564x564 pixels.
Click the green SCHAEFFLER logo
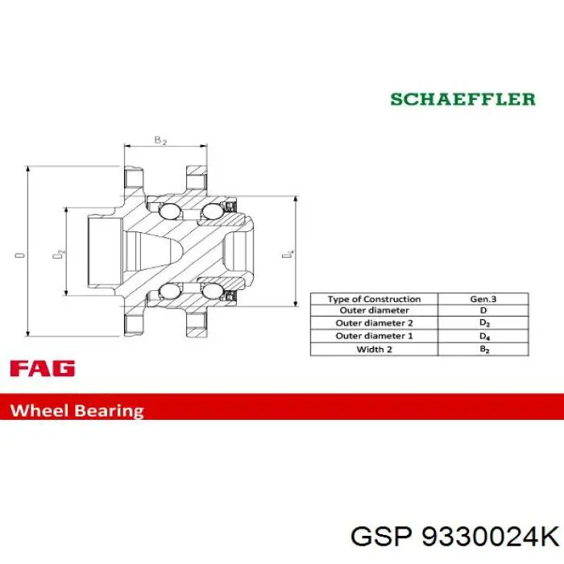pos(462,99)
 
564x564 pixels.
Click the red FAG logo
pos(43,368)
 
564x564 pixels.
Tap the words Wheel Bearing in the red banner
pos(77,410)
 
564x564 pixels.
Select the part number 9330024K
pos(490,537)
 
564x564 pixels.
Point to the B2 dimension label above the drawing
pos(160,140)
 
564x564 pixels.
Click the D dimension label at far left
pos(20,255)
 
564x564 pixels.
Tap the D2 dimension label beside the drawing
pos(59,254)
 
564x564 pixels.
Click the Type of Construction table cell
pos(374,299)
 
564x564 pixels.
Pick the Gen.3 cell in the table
pos(483,299)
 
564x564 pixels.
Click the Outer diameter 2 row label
pos(374,322)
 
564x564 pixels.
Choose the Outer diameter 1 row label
pos(374,336)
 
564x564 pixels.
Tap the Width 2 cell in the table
pos(374,349)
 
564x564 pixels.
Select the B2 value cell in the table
pos(483,349)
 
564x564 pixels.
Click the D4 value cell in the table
pos(483,336)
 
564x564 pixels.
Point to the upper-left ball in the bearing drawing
pos(169,211)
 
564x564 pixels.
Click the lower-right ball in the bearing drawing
pos(212,291)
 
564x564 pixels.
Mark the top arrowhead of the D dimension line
pos(27,169)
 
